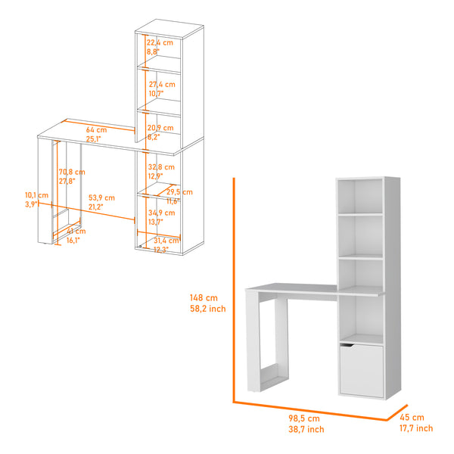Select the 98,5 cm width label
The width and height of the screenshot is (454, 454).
click(x=303, y=418)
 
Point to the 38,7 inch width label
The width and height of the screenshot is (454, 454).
click(x=306, y=429)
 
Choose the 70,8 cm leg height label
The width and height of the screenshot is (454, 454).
click(x=72, y=172)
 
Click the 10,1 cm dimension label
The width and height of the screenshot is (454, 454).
click(x=36, y=195)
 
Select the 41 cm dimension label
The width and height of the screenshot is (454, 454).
click(x=72, y=231)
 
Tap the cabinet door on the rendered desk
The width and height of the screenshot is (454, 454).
click(x=361, y=370)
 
